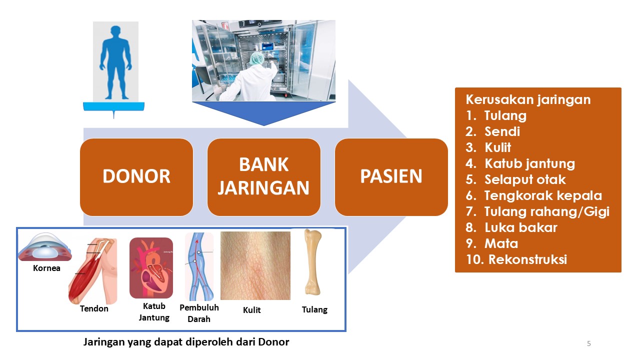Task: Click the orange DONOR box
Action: [x=136, y=177]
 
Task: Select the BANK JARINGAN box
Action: [x=263, y=177]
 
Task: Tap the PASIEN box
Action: [x=391, y=177]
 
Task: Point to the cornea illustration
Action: [x=45, y=247]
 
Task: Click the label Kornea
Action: [x=46, y=268]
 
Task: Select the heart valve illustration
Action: [x=151, y=268]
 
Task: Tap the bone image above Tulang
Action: [x=313, y=262]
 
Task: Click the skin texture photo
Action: [x=255, y=265]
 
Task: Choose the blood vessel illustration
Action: [x=199, y=266]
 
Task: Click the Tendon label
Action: [x=94, y=308]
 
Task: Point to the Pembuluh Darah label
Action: [x=199, y=313]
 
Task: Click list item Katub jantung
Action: [x=520, y=163]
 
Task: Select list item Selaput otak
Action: [x=515, y=179]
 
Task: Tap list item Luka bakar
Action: [x=511, y=227]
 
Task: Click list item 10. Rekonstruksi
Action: [x=516, y=259]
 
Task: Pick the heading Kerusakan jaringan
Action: [x=528, y=99]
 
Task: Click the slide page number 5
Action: [x=589, y=343]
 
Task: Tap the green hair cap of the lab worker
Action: [x=256, y=58]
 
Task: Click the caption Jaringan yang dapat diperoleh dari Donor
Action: [x=186, y=342]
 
